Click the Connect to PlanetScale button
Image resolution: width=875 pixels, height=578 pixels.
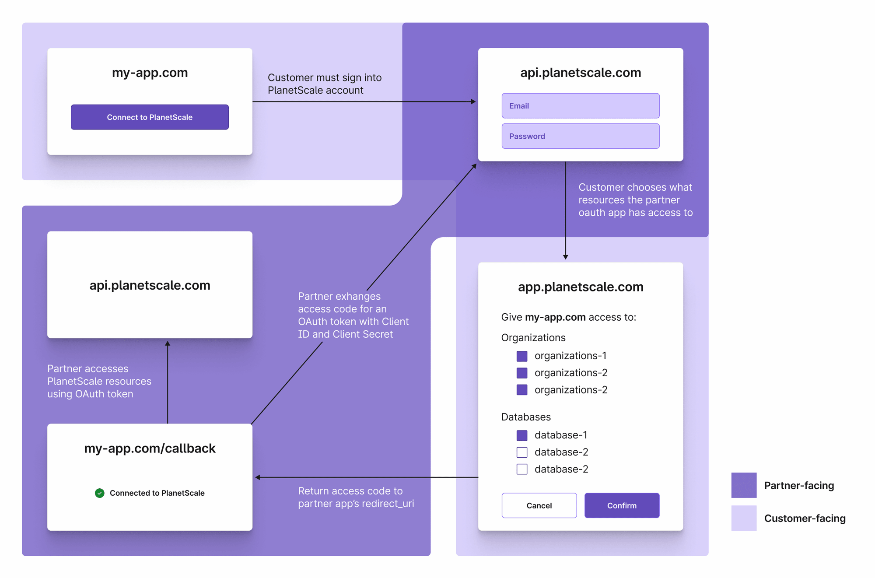click(x=150, y=117)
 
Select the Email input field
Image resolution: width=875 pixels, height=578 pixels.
click(x=580, y=105)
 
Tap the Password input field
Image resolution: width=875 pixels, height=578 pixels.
click(x=580, y=136)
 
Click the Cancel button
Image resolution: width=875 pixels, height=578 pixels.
click(x=539, y=505)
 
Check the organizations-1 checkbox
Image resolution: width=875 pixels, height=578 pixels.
click(x=521, y=356)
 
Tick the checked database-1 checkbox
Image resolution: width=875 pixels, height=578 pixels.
click(x=521, y=435)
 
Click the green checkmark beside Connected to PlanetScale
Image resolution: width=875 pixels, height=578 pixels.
click(x=100, y=493)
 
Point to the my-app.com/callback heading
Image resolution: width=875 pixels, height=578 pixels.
click(x=150, y=448)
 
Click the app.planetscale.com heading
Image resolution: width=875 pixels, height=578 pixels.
click(x=580, y=287)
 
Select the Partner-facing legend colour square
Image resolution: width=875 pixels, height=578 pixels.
click(x=744, y=485)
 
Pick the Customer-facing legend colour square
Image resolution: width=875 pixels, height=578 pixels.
click(x=744, y=518)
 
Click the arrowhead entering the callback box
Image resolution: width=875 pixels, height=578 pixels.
click(x=258, y=477)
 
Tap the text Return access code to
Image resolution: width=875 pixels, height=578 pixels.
click(x=350, y=491)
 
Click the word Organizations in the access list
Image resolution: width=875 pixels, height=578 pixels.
click(x=533, y=337)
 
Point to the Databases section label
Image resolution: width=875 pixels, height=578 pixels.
click(x=525, y=417)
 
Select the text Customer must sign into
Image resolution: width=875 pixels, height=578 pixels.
click(x=324, y=77)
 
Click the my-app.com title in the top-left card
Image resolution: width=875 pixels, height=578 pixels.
click(x=150, y=72)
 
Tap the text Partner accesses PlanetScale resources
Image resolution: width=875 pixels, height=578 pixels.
click(x=99, y=375)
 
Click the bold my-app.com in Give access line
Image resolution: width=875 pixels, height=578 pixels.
click(x=555, y=317)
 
